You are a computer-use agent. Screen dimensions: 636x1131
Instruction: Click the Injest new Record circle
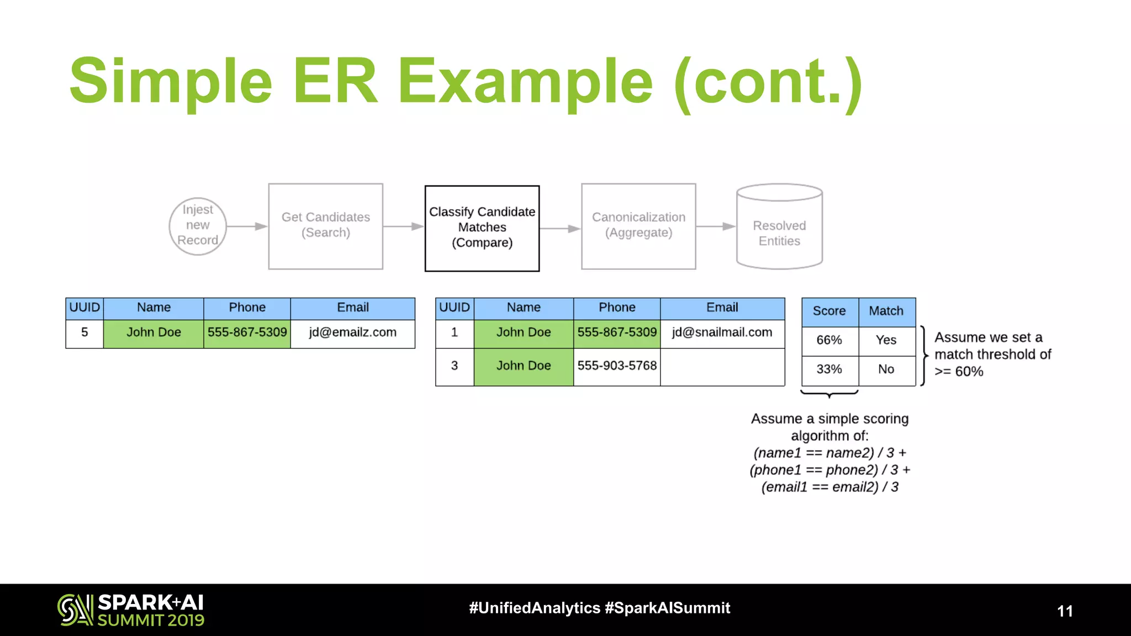point(198,226)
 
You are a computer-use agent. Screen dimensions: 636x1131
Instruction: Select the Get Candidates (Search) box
point(326,226)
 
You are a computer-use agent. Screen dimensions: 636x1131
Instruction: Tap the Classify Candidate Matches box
point(482,228)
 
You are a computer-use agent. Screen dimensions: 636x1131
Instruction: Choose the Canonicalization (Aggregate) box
point(638,226)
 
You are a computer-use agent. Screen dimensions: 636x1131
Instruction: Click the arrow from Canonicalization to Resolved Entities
point(716,226)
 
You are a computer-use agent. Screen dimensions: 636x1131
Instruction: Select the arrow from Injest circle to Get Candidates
point(247,226)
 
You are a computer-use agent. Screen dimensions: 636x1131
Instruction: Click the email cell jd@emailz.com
point(353,333)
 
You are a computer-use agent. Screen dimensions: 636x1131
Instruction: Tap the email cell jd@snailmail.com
point(722,333)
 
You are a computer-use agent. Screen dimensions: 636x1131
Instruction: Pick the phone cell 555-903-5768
point(617,366)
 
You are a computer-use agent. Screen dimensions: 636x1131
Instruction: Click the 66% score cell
point(829,341)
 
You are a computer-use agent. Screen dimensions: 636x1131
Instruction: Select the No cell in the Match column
point(886,370)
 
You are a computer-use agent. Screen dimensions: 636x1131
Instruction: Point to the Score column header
point(829,311)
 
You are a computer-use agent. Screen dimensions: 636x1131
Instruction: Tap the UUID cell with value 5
point(84,333)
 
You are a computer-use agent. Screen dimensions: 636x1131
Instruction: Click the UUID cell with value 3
point(454,366)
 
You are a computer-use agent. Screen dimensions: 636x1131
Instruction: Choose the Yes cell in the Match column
point(886,341)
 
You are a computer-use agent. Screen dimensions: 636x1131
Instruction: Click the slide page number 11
point(1065,611)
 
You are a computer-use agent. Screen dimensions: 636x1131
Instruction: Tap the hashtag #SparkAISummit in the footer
point(668,608)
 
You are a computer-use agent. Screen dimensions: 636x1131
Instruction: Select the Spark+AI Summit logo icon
point(75,610)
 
